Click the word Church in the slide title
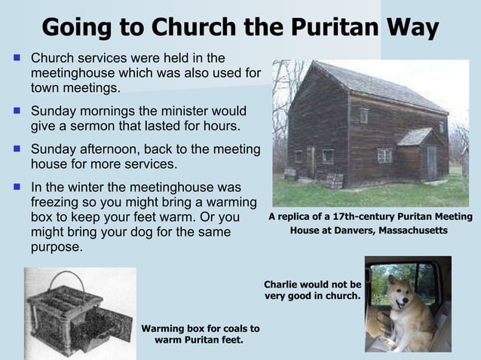[x=195, y=27]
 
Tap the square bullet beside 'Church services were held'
[x=17, y=57]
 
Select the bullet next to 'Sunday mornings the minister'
[x=17, y=111]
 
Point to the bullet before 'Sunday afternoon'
[x=17, y=149]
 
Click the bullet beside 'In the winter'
[x=17, y=188]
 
